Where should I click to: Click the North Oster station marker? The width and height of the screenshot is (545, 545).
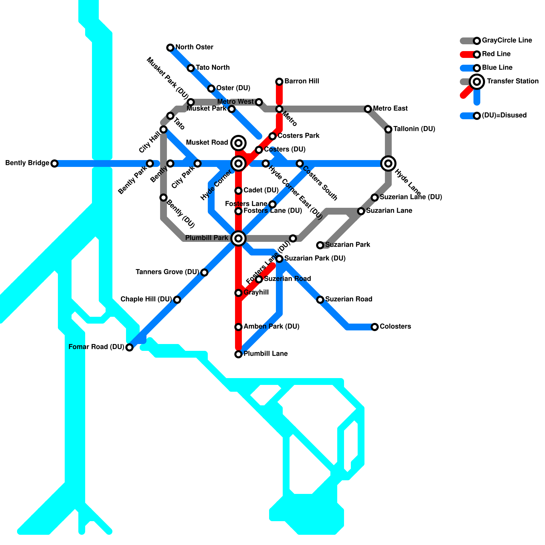(170, 48)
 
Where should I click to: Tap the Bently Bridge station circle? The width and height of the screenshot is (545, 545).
(54, 163)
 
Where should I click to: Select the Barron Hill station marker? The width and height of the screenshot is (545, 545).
(279, 82)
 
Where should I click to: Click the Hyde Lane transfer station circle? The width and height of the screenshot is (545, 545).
(388, 163)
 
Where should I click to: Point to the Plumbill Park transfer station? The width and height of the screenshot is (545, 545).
(238, 238)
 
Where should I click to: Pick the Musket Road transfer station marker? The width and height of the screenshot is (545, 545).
(238, 143)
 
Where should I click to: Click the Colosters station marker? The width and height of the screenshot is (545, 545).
(375, 327)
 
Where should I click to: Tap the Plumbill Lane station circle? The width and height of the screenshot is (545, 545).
(238, 354)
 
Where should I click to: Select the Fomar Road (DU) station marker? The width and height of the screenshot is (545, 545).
(129, 347)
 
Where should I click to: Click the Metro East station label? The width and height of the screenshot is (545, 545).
(390, 109)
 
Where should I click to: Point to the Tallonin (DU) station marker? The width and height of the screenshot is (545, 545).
(388, 129)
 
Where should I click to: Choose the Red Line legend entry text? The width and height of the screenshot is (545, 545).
(496, 54)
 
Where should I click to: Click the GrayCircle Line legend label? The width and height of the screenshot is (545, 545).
(507, 41)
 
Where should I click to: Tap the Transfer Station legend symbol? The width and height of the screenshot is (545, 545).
(477, 82)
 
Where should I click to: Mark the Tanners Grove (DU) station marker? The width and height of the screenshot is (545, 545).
(204, 272)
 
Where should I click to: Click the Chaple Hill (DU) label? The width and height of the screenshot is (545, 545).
(146, 299)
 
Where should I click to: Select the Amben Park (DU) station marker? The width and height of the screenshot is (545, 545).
(238, 327)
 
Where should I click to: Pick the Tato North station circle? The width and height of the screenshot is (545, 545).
(191, 68)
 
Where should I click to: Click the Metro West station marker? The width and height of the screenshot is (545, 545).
(259, 102)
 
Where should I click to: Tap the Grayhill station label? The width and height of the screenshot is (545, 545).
(256, 293)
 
